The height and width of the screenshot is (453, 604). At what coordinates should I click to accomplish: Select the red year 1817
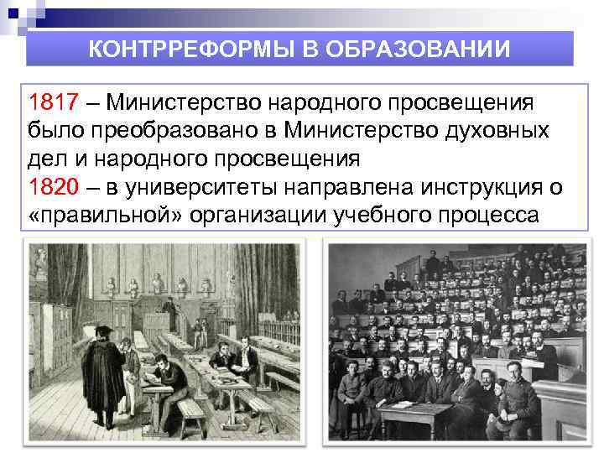53,102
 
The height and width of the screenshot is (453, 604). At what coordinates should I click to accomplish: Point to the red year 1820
53,187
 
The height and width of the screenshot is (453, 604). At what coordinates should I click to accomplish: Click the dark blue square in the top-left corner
9,9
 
